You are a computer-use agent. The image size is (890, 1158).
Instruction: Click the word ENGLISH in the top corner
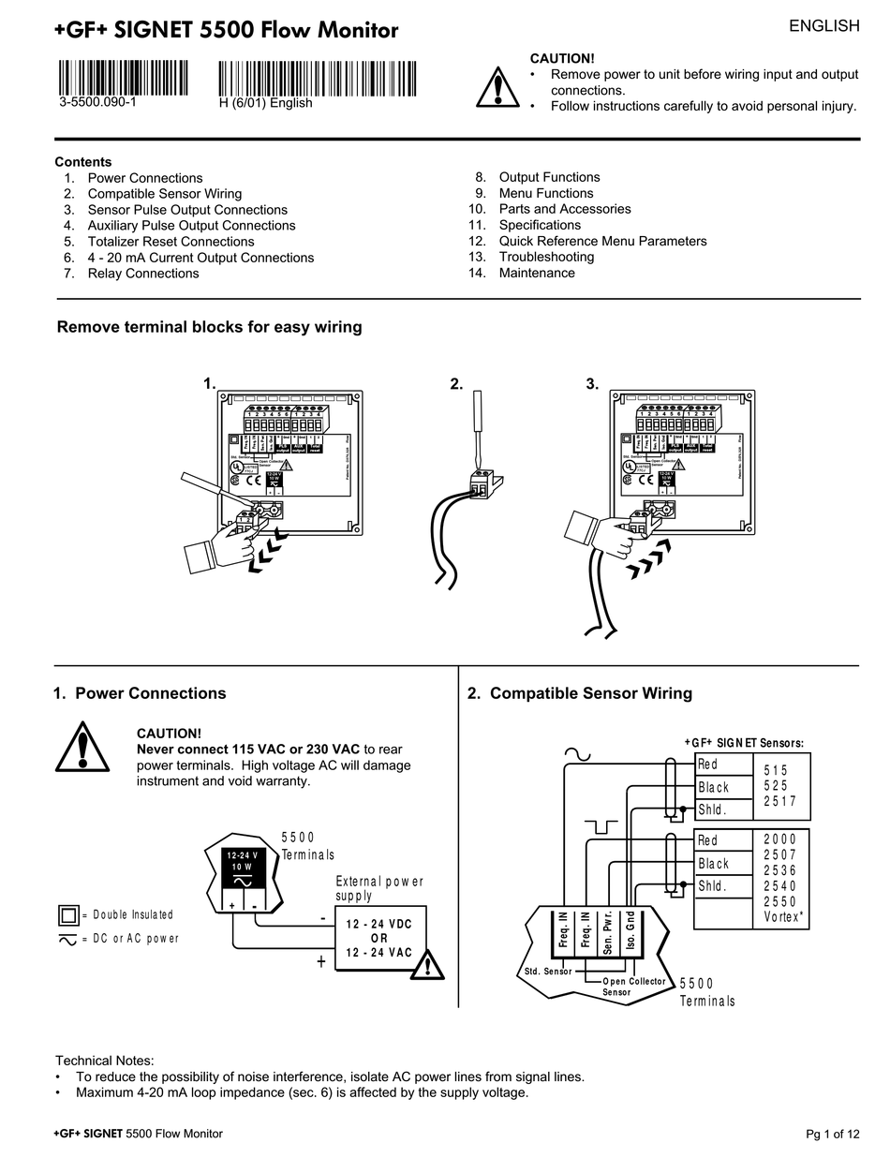pyautogui.click(x=823, y=26)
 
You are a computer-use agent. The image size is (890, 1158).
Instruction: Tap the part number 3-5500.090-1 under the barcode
pyautogui.click(x=97, y=103)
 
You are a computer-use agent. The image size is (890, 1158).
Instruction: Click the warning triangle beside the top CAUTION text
pyautogui.click(x=497, y=87)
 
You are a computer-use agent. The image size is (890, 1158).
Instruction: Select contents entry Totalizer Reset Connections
pyautogui.click(x=171, y=242)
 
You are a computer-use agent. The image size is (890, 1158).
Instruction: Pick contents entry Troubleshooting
pyautogui.click(x=546, y=257)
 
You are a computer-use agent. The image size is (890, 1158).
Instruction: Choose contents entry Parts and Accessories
pyautogui.click(x=565, y=209)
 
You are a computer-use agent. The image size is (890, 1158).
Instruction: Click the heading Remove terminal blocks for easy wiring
pyautogui.click(x=209, y=327)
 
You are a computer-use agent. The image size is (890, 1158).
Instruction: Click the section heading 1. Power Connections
pyautogui.click(x=140, y=693)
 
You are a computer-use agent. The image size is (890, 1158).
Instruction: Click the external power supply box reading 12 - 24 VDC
pyautogui.click(x=378, y=938)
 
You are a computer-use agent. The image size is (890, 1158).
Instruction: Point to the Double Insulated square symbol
pyautogui.click(x=68, y=914)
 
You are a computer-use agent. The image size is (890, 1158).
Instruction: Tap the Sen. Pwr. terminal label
pyautogui.click(x=608, y=931)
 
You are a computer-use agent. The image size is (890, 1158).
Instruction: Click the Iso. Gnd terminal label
pyautogui.click(x=630, y=931)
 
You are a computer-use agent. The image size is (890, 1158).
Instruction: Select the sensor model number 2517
pyautogui.click(x=780, y=801)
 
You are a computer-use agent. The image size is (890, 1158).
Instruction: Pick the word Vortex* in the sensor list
pyautogui.click(x=782, y=917)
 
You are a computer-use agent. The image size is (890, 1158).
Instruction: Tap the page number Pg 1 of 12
pyautogui.click(x=832, y=1134)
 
